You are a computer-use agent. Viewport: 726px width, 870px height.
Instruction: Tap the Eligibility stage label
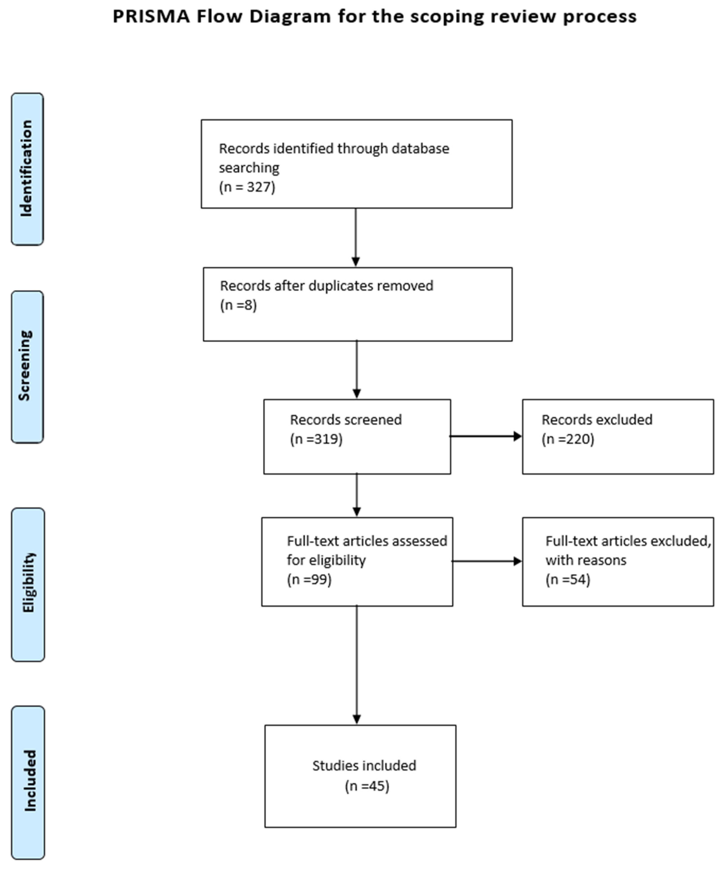tap(28, 583)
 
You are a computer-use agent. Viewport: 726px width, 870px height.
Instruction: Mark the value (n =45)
tap(367, 786)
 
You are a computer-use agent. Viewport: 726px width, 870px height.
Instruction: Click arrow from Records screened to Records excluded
tap(485, 436)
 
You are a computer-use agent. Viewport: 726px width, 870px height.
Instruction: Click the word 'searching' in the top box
tap(249, 168)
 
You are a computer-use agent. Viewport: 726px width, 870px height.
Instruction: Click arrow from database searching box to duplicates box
tap(355, 237)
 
